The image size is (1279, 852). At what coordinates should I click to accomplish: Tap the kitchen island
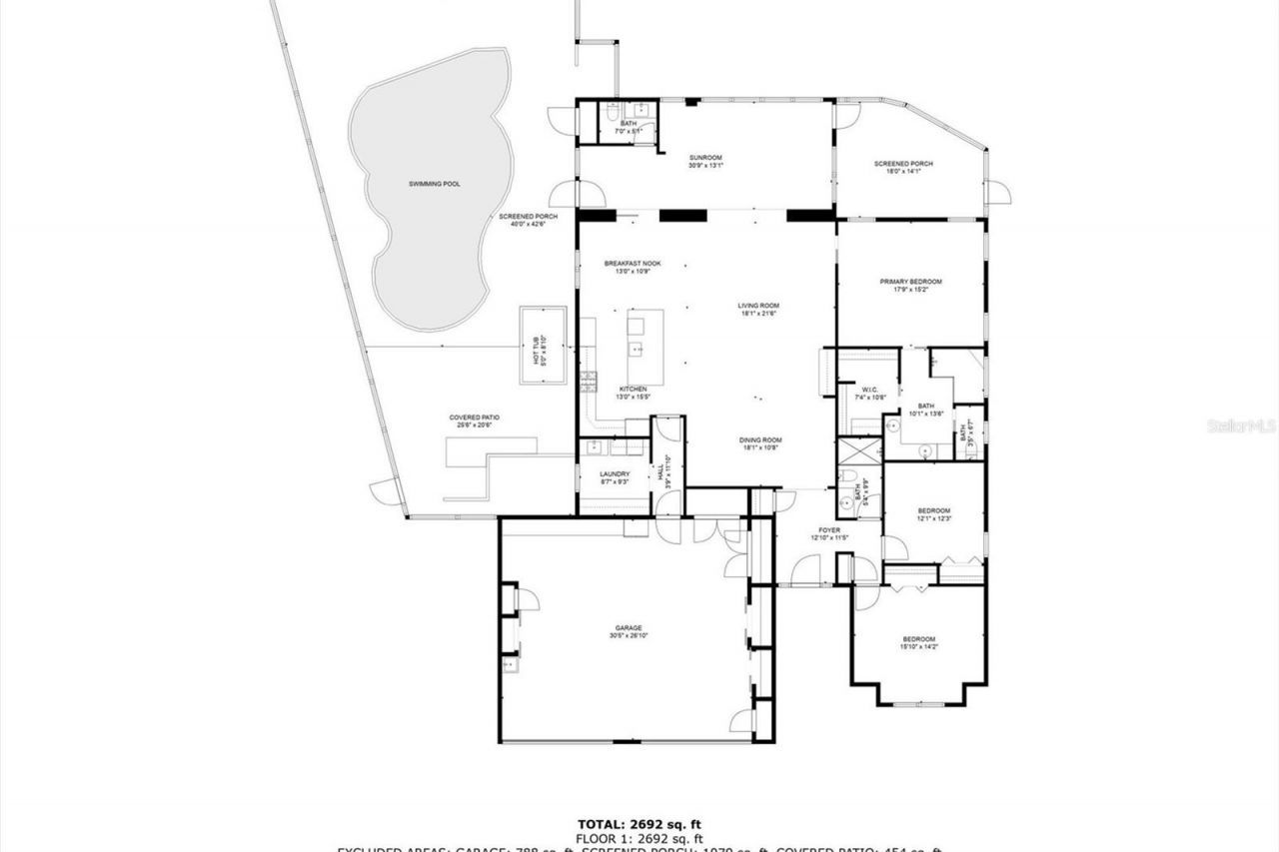[644, 334]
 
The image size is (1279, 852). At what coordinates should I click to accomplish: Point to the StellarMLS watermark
[1241, 426]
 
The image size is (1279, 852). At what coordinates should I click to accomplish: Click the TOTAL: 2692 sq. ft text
[639, 823]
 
